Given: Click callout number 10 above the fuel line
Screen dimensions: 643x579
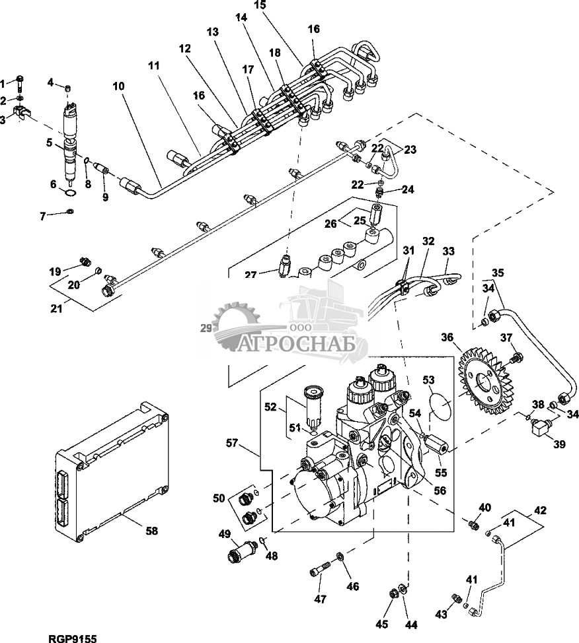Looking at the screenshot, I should coord(118,86).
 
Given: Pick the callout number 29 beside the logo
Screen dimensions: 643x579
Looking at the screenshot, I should coord(205,326).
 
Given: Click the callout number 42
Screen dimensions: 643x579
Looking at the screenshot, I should coord(541,510).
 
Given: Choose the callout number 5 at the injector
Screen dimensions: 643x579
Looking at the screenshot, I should coord(49,142).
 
